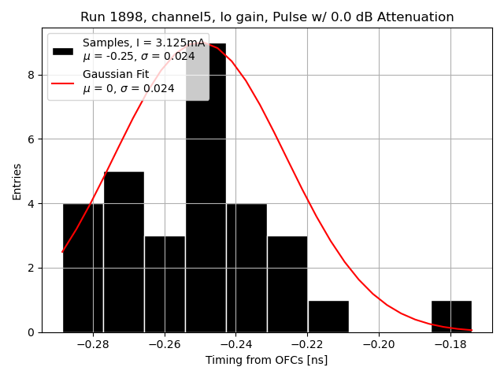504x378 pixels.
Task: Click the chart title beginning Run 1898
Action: [267, 17]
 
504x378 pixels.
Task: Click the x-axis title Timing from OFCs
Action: [266, 360]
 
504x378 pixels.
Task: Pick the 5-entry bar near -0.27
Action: [124, 252]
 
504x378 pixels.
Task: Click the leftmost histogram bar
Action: [83, 268]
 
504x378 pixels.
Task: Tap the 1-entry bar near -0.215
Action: [328, 317]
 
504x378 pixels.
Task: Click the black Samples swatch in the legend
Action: [63, 50]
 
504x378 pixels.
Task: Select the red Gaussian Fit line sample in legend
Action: [63, 83]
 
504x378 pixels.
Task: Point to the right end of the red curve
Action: [471, 330]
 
